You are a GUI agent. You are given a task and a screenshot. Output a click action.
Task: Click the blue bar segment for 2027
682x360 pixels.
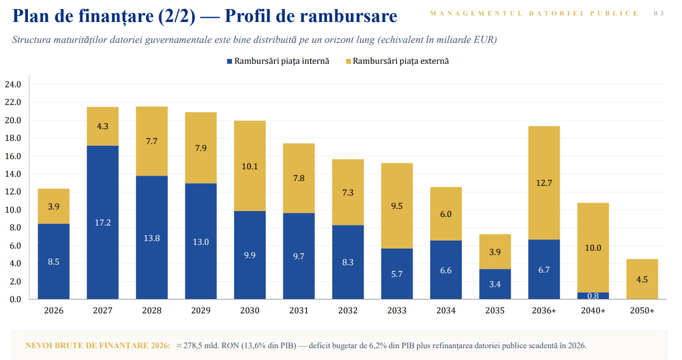[x=103, y=222]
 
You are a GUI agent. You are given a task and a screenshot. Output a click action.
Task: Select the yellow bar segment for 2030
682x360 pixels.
[x=250, y=166]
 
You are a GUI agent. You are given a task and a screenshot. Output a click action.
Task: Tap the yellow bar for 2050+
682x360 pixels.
[x=642, y=279]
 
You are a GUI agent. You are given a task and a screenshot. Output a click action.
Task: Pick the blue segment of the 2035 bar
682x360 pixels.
[x=494, y=284]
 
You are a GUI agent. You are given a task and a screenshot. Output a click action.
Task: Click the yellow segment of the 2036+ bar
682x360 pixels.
[x=544, y=183]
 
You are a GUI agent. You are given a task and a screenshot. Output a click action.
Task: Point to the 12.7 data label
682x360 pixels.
[x=544, y=183]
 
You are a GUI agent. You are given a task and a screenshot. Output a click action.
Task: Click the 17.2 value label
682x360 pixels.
[x=103, y=223]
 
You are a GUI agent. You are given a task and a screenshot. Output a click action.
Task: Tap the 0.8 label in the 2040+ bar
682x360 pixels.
[x=593, y=296]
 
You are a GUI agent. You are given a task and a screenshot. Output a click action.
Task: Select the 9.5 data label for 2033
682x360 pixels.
[x=396, y=206]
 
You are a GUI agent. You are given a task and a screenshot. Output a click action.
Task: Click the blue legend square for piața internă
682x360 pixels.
[x=230, y=61]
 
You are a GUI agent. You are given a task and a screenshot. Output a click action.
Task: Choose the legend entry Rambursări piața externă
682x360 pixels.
[x=398, y=61]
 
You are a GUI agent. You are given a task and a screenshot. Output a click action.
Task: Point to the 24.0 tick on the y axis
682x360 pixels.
[x=13, y=84]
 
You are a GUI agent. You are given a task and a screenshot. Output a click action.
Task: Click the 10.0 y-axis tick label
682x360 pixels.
[x=13, y=210]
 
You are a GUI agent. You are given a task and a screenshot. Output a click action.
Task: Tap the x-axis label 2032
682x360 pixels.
[x=348, y=310]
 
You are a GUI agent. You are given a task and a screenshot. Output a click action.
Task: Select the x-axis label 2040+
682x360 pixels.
[x=593, y=310]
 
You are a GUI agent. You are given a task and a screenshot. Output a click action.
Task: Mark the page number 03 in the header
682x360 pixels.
[x=659, y=13]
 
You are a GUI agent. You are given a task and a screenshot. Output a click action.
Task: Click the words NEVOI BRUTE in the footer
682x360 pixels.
[x=50, y=346]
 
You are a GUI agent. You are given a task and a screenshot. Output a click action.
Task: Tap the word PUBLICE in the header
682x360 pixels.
[x=614, y=13]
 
